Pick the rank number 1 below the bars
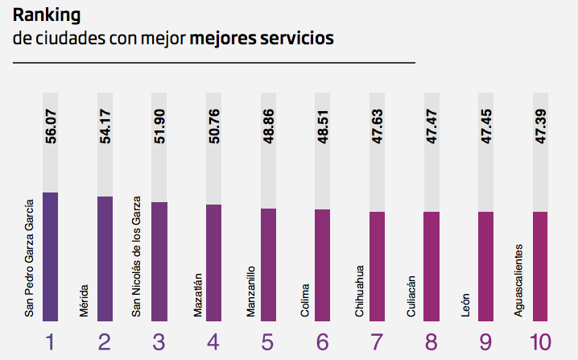[50, 342]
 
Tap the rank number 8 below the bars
[431, 342]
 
